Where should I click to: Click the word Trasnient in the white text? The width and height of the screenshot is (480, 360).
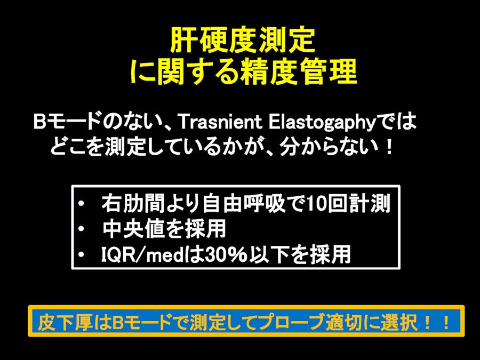[x=219, y=123]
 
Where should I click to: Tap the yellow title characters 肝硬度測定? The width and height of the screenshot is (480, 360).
[x=243, y=41]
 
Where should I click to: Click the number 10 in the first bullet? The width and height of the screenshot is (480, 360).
[x=316, y=204]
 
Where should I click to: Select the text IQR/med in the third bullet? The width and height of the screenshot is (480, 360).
[x=142, y=255]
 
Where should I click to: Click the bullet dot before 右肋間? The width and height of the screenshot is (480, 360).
[x=81, y=204]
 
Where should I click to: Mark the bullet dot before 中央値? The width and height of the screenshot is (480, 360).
[x=81, y=229]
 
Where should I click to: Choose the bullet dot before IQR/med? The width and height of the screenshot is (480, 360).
[x=81, y=255]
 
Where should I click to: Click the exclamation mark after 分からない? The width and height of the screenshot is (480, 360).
[x=389, y=148]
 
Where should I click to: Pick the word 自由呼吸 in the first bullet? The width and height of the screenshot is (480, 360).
[x=245, y=204]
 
